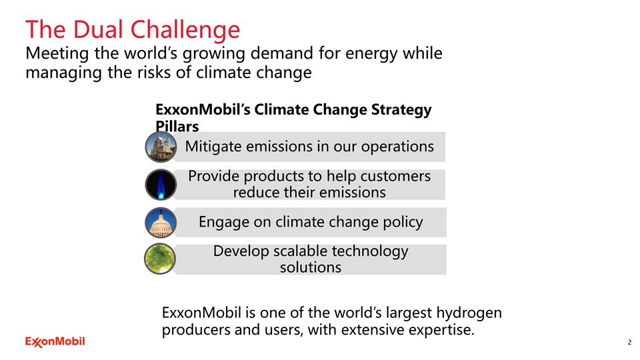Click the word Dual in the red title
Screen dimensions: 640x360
click(x=98, y=29)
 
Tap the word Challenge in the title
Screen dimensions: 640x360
click(x=185, y=31)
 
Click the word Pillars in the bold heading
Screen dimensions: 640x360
click(x=177, y=126)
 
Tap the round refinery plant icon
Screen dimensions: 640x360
click(x=161, y=147)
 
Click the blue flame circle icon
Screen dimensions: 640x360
click(x=161, y=185)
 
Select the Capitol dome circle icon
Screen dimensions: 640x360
click(x=161, y=223)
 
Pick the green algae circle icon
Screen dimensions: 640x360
click(x=160, y=259)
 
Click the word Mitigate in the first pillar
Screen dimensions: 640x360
click(x=213, y=147)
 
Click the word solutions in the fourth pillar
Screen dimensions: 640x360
click(x=311, y=267)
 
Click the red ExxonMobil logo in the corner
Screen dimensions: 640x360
click(x=55, y=341)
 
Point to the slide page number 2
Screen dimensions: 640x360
click(x=629, y=342)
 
